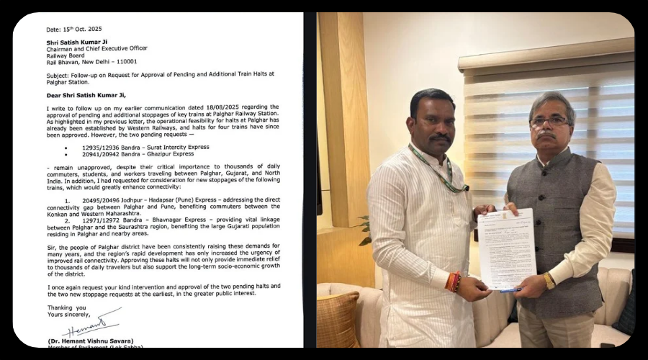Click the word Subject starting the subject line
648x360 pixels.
[59, 73]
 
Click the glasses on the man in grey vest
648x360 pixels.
[549, 121]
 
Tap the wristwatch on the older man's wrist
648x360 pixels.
[549, 281]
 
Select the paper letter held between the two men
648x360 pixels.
[507, 248]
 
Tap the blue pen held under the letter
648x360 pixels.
[510, 290]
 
